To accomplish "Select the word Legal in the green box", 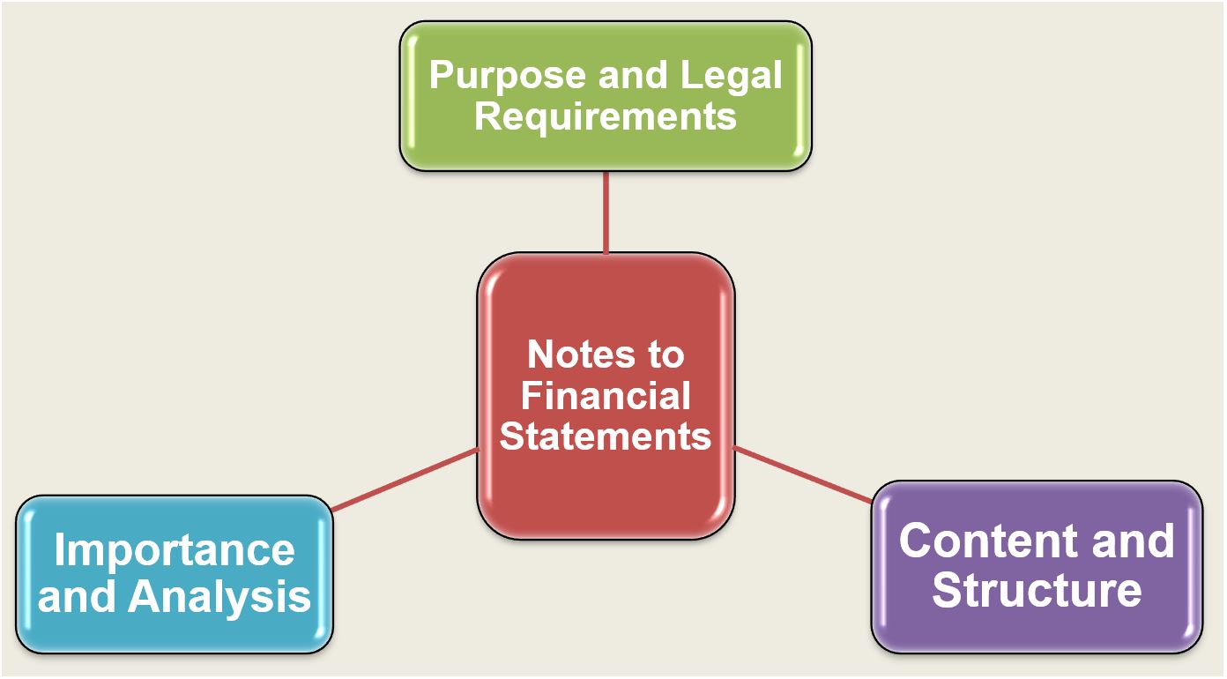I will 731,77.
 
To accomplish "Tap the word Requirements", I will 605,116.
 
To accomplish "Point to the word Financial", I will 605,396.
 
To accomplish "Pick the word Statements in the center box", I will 605,436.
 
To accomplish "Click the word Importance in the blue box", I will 175,552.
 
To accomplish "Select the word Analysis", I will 220,596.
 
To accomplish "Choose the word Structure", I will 1037,589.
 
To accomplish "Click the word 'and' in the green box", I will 632,77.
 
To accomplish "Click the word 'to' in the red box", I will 666,355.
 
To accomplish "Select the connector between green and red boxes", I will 606,212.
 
